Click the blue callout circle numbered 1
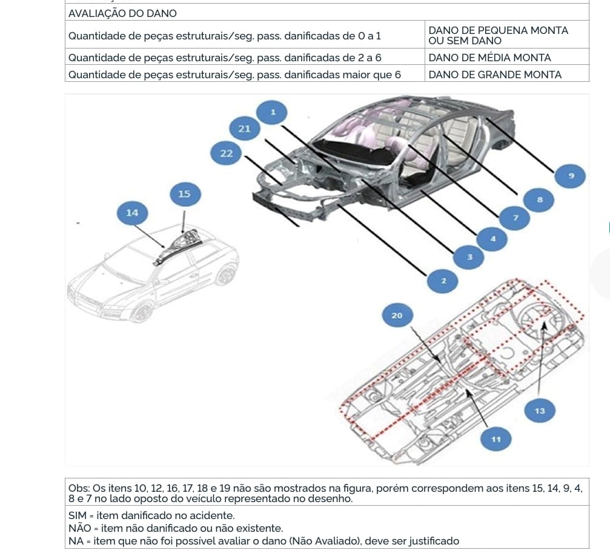[273, 112]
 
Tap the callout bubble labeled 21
[245, 128]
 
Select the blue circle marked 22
[226, 153]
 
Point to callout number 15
[184, 194]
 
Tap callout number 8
[539, 199]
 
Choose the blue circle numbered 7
[516, 217]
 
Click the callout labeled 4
[492, 239]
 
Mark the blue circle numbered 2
[443, 281]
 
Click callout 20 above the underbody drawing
[397, 315]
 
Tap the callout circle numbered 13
[540, 411]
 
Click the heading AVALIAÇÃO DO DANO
[123, 13]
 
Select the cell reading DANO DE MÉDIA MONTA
[489, 58]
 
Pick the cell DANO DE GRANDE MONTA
[495, 75]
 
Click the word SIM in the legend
[78, 515]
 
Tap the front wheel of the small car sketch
[143, 312]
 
